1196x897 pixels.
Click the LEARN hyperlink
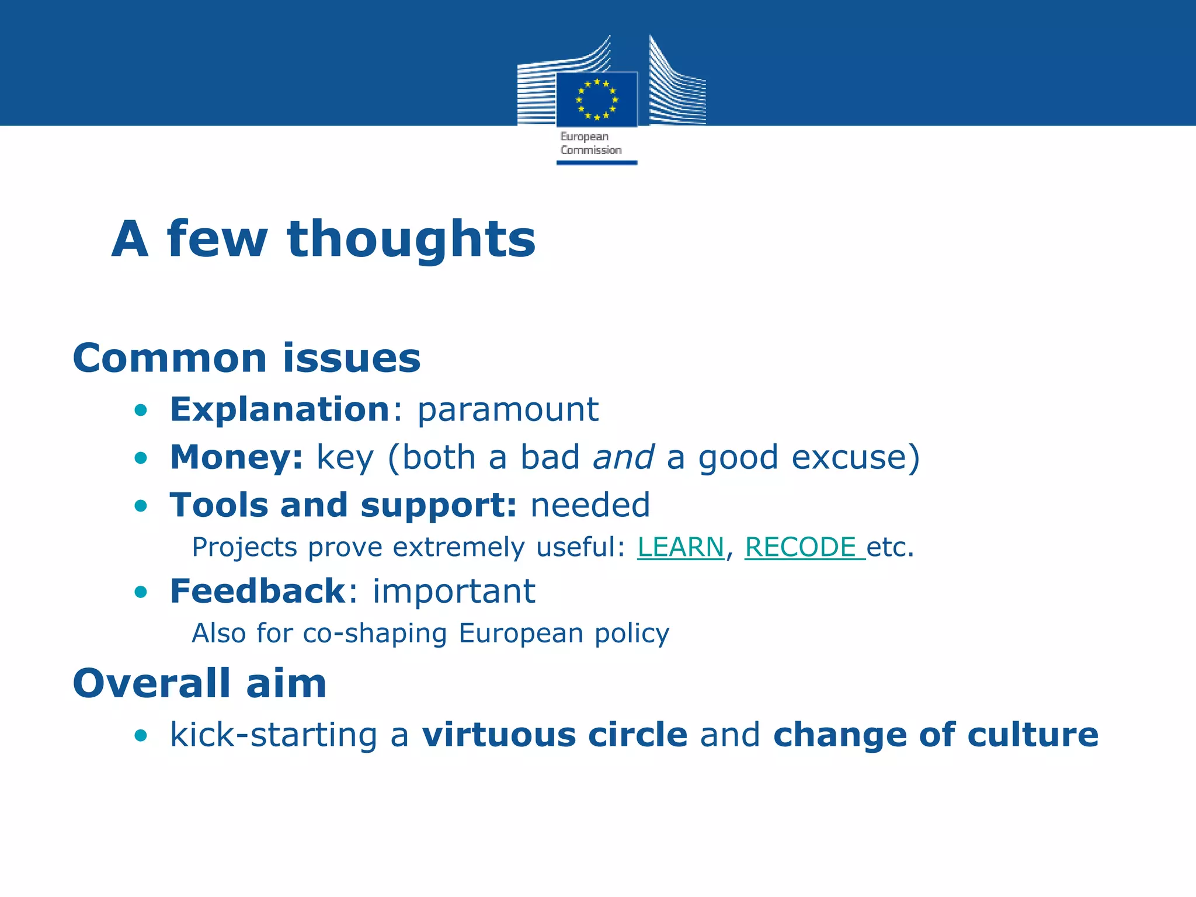[x=680, y=547]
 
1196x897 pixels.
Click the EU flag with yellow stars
[x=596, y=99]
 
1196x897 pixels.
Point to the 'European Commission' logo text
[x=590, y=144]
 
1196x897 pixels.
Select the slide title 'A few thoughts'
[x=324, y=239]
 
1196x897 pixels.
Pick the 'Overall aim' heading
[x=199, y=683]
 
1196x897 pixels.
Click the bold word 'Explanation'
[x=280, y=409]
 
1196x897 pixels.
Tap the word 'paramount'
[x=507, y=409]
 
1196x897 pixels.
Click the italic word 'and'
[x=623, y=457]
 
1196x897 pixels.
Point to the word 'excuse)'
[x=856, y=457]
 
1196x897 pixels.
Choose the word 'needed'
[x=590, y=505]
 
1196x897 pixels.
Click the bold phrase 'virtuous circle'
[x=555, y=734]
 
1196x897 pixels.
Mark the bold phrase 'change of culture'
[x=936, y=734]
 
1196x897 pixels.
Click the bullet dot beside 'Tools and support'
[x=141, y=506]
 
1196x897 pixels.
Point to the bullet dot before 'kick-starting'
[x=141, y=735]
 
